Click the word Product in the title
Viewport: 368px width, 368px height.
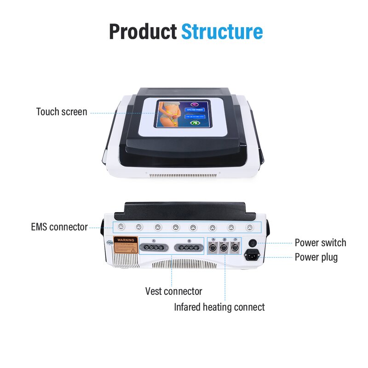pos(142,32)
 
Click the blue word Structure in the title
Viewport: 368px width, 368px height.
pos(222,32)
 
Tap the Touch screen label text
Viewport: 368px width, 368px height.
pos(62,112)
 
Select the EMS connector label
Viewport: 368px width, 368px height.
pos(59,226)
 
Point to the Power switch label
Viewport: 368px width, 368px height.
pos(320,243)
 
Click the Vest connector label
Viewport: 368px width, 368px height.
pos(173,291)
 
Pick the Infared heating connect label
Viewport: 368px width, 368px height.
pos(219,307)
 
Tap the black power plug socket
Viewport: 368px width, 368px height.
pos(252,254)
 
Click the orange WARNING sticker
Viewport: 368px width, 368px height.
pos(126,245)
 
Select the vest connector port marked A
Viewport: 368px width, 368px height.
pos(154,247)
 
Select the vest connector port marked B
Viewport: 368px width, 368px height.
pos(189,247)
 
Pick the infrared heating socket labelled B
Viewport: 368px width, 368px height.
pos(224,247)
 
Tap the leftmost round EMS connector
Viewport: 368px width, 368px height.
pos(120,227)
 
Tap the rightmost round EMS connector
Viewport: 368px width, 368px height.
pos(249,227)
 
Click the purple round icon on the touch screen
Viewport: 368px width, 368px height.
pos(193,104)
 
